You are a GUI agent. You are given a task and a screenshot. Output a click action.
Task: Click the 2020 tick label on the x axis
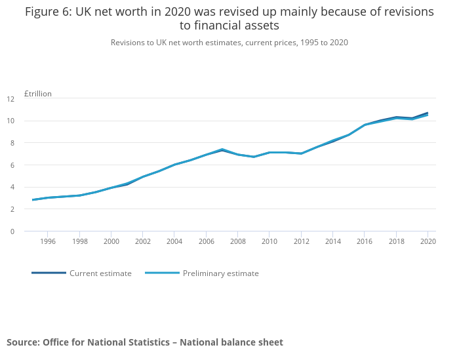coord(428,241)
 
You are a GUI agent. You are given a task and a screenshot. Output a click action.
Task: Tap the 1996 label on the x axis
coord(48,241)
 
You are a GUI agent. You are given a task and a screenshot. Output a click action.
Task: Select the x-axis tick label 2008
coord(237,241)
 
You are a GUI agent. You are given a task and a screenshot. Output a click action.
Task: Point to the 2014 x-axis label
coord(332,241)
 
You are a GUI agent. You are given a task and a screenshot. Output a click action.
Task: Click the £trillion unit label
coord(37,94)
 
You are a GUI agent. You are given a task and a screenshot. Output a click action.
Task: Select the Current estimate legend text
coord(100,273)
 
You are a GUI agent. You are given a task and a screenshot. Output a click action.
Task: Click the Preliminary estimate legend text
coord(220,273)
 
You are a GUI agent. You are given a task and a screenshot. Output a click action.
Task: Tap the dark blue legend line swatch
coord(49,273)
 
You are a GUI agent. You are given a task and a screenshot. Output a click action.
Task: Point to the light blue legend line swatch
coord(162,273)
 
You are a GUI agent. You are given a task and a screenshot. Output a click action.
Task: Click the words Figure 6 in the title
coord(49,12)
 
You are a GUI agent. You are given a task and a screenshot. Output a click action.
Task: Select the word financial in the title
coord(216,26)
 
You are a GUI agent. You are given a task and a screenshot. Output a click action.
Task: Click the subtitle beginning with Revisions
coord(229,43)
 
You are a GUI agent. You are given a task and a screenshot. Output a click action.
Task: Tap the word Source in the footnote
coord(22,342)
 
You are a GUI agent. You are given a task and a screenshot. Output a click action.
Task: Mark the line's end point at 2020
coord(428,113)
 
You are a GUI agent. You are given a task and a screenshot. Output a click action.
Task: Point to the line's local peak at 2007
coord(222,150)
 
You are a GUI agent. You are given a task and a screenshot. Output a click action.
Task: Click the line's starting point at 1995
coord(32,200)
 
